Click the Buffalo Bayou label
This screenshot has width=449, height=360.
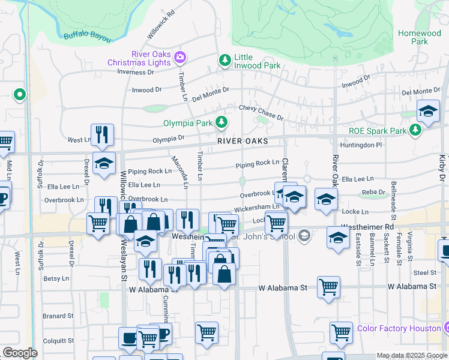(88, 38)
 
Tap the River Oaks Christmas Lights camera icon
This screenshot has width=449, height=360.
(180, 58)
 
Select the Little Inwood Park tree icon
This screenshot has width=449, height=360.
(225, 60)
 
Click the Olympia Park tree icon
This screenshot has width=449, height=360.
(221, 122)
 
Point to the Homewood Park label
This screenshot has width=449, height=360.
(420, 37)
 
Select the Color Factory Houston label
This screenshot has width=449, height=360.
(399, 328)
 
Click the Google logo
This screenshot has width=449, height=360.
(20, 353)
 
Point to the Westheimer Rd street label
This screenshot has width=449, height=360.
(367, 227)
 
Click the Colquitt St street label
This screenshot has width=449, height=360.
(58, 341)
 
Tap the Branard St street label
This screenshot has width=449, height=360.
(58, 316)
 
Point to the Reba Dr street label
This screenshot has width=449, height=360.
(373, 193)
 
